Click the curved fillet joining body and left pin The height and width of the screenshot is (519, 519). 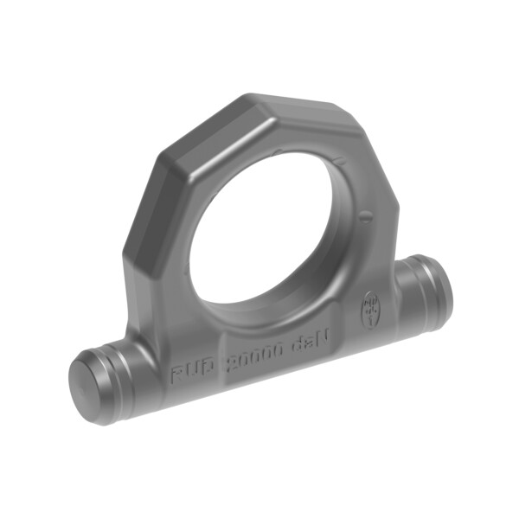coord(138,342)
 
